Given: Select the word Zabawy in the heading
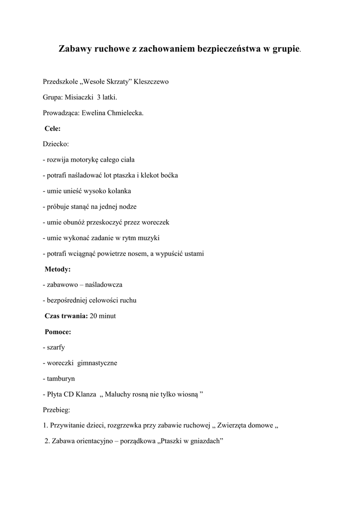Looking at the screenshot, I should point(75,49).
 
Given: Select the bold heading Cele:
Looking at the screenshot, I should point(53,128).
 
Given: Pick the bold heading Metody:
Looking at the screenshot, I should point(58,269).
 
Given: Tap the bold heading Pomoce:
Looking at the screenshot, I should point(58,332).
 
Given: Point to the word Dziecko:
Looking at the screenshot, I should point(56,144).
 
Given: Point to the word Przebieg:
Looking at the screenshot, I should point(57,410).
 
